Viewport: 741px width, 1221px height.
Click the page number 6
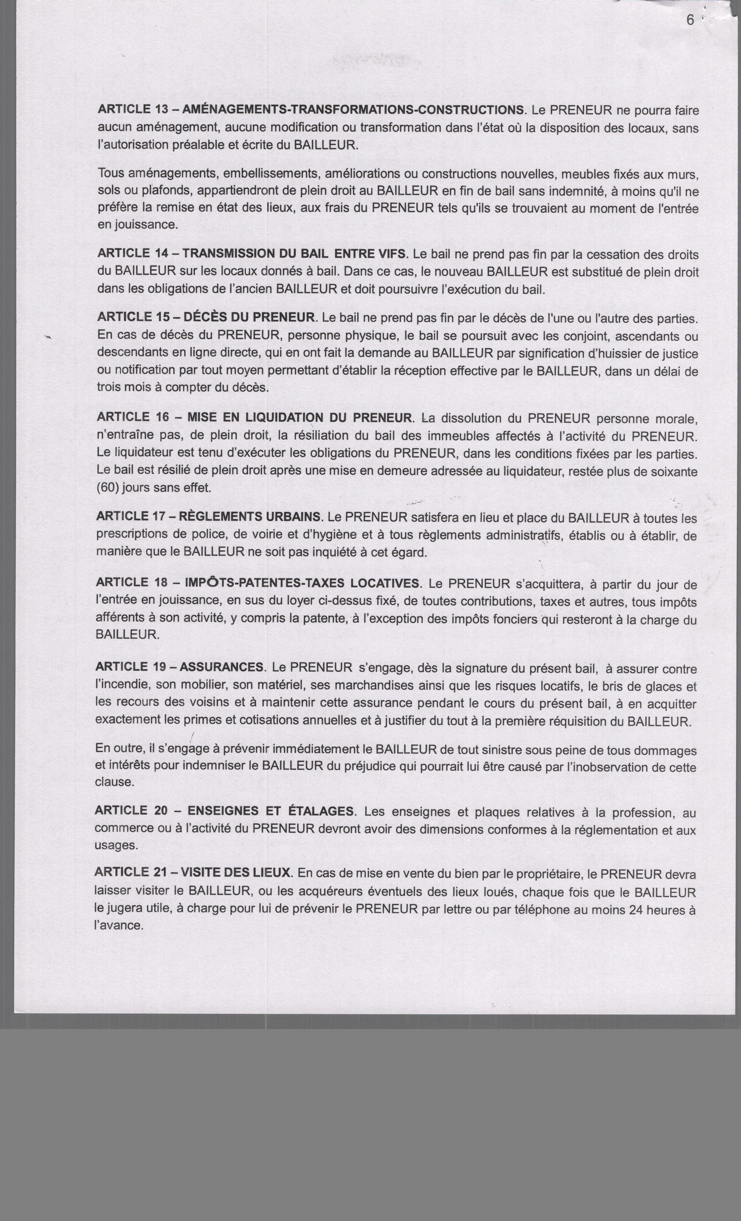tap(690, 20)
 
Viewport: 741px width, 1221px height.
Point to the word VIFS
tap(392, 254)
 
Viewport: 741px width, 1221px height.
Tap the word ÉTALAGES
tap(321, 811)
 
